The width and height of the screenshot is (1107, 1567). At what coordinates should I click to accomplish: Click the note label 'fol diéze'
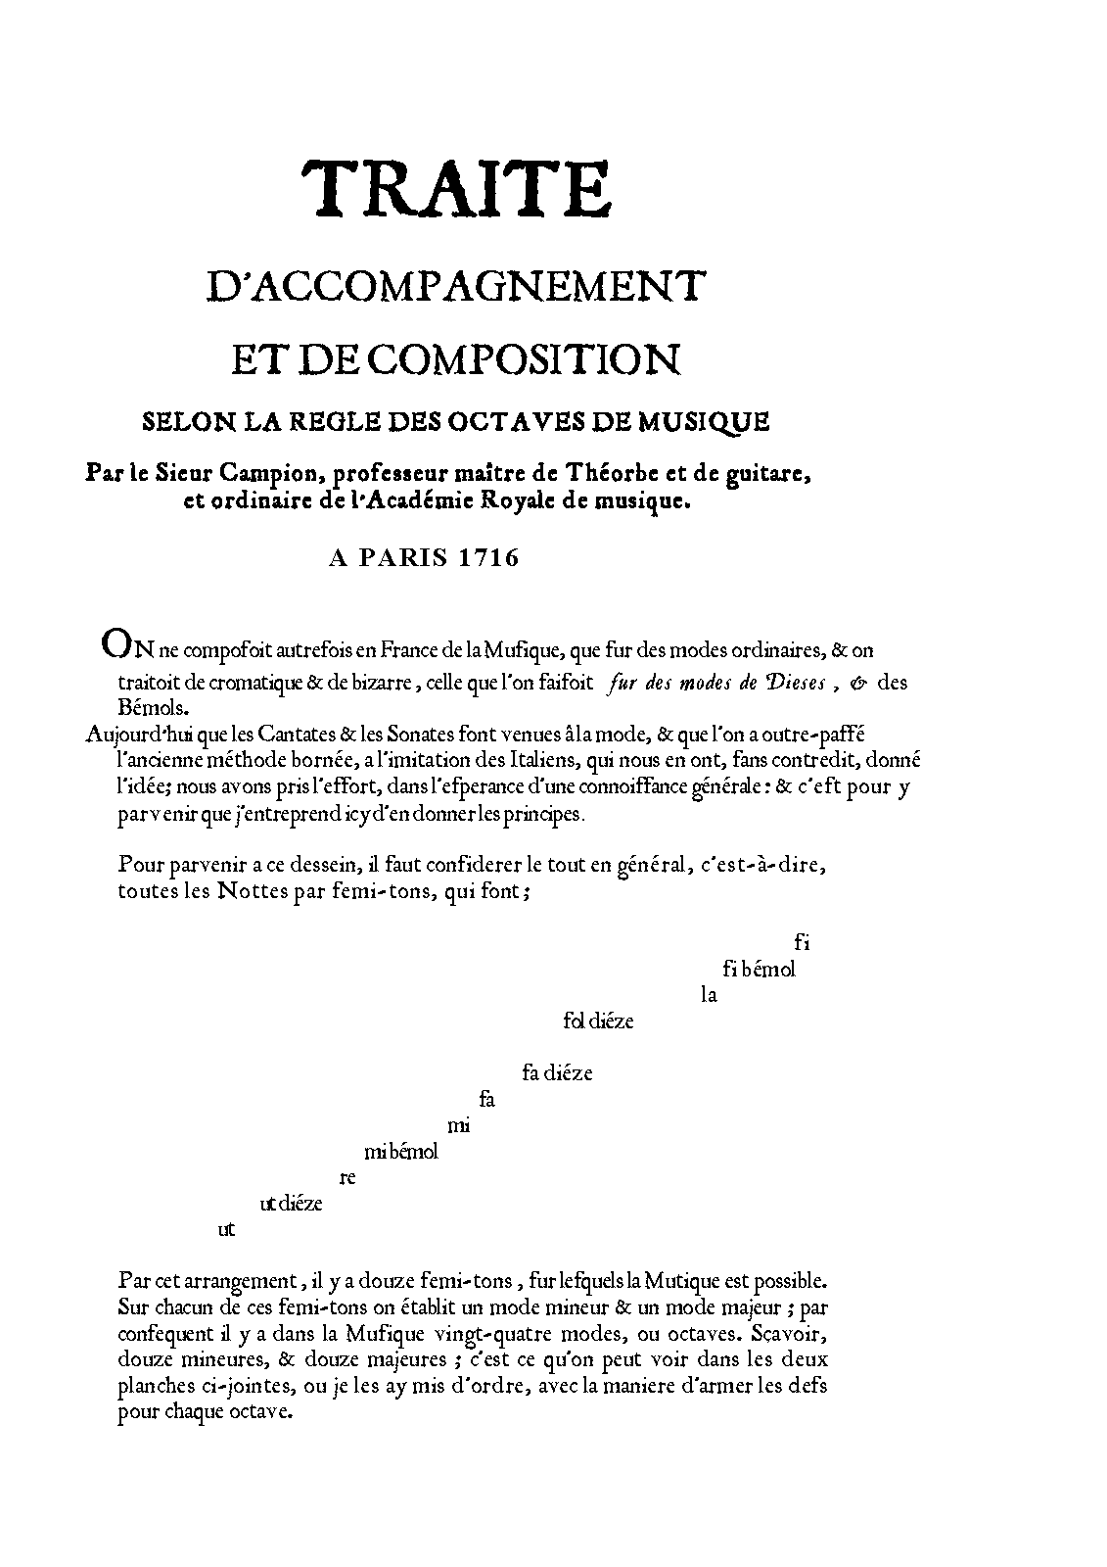point(598,1021)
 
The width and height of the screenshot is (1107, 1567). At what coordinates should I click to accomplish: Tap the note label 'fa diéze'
point(557,1073)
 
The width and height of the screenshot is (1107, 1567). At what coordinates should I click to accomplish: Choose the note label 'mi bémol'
point(400,1152)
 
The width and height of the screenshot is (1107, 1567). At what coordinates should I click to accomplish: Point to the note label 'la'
point(710,996)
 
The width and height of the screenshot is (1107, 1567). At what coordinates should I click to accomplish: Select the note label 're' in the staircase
point(345,1178)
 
